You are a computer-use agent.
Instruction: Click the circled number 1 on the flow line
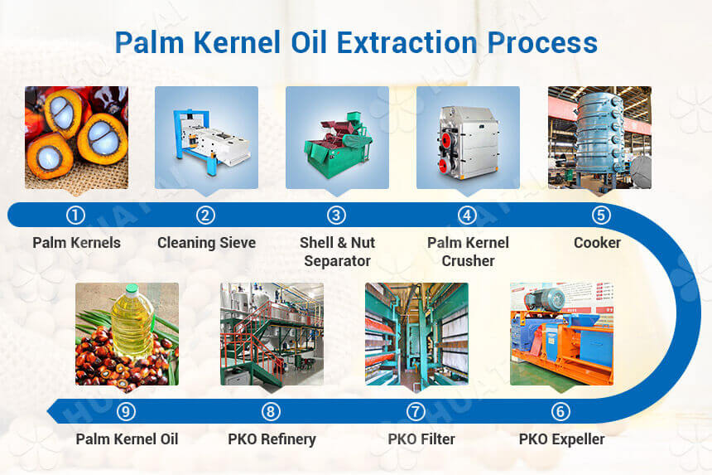pos(75,216)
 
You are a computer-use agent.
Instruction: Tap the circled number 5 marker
pos(601,216)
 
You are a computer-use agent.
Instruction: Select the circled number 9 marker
pos(127,411)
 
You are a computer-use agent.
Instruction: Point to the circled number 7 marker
pos(416,411)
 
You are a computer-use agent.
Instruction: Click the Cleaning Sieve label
pos(206,243)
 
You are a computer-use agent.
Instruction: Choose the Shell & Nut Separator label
pos(337,251)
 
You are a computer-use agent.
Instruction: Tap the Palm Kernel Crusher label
pos(468,251)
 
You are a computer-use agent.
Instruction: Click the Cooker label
pos(597,243)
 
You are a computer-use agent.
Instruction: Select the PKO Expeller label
pos(561,439)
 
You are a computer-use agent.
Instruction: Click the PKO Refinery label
pos(272,439)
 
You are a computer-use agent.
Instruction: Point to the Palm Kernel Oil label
pos(127,439)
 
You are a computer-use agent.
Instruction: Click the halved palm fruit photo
pos(76,138)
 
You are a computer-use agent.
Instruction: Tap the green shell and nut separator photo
pos(337,138)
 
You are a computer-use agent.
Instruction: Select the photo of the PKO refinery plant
pos(272,334)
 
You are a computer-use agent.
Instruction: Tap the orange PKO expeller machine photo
pos(561,334)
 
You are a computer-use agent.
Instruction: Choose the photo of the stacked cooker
pos(599,138)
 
